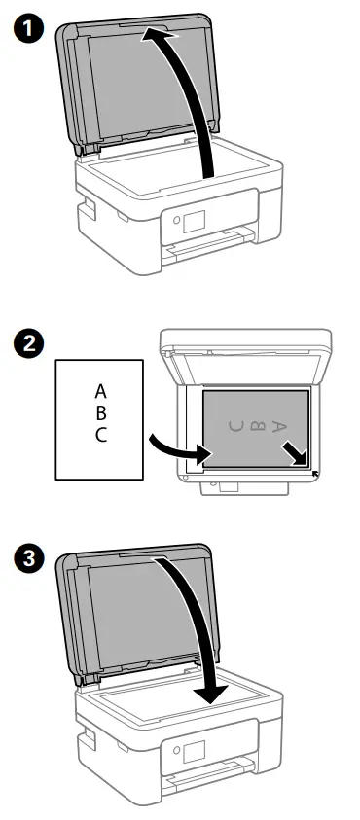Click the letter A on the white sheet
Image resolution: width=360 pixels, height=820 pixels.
pos(101,392)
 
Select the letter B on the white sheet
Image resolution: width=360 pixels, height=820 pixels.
pos(101,413)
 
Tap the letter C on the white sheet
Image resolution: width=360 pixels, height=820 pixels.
pos(101,435)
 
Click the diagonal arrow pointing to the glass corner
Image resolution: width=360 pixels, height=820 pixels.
pos(293,452)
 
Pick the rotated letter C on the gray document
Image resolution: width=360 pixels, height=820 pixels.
pos(234,425)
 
